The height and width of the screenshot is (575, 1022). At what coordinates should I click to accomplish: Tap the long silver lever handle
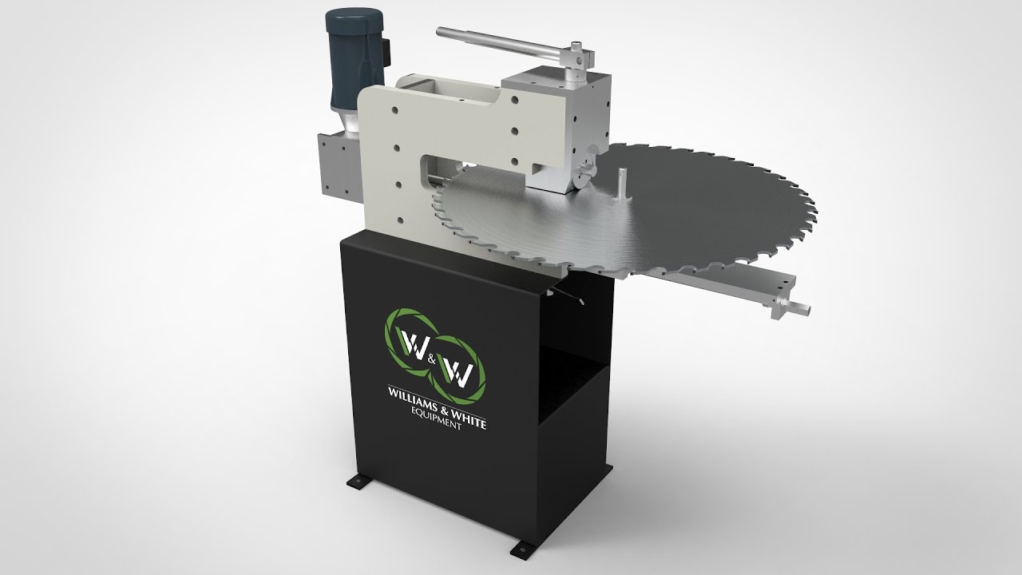pyautogui.click(x=502, y=44)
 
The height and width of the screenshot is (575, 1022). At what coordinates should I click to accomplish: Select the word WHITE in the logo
pyautogui.click(x=469, y=418)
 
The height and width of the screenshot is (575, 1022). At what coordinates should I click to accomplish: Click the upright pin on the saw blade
pyautogui.click(x=622, y=184)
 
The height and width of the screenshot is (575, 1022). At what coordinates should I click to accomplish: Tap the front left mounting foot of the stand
pyautogui.click(x=360, y=482)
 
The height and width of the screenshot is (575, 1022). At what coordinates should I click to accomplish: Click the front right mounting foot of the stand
pyautogui.click(x=523, y=548)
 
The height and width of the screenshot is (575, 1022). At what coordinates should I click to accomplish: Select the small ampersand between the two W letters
pyautogui.click(x=431, y=360)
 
